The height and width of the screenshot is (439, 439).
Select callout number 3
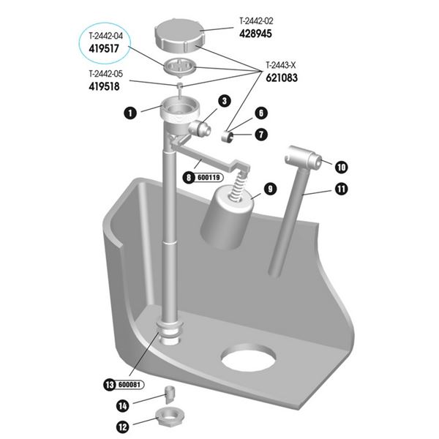click(224, 101)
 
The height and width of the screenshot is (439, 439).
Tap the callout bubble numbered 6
click(261, 113)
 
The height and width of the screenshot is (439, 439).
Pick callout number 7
click(261, 135)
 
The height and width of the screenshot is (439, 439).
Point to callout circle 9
click(269, 189)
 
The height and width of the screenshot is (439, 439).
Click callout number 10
click(341, 166)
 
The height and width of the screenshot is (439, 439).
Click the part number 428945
click(259, 34)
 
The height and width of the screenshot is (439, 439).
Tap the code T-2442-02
click(260, 21)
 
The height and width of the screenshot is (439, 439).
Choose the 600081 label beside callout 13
click(129, 384)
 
